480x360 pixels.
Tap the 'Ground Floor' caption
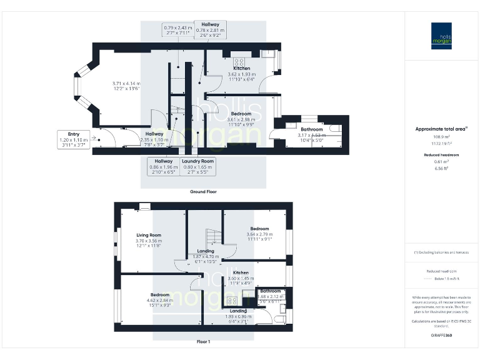click(203, 192)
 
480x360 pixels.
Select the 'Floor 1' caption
click(203, 342)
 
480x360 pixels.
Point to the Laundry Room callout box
click(198, 166)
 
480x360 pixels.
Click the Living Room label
click(149, 238)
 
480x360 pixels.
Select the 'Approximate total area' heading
click(441, 129)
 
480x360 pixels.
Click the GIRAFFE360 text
click(441, 336)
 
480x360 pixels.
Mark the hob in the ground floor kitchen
click(239, 61)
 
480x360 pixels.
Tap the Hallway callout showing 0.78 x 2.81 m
click(209, 29)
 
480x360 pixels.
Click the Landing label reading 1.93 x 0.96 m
click(237, 314)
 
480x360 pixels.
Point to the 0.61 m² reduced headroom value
click(441, 161)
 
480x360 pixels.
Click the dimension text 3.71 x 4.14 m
click(126, 86)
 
